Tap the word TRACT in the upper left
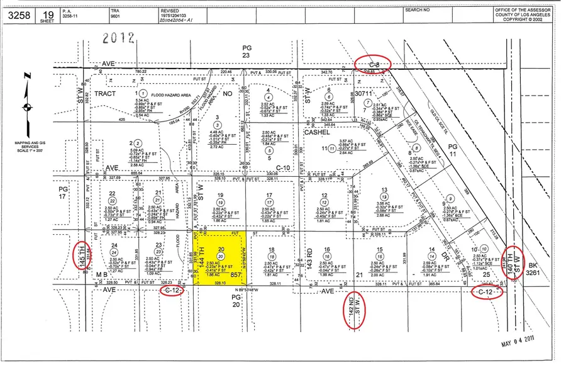pos(106,93)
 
